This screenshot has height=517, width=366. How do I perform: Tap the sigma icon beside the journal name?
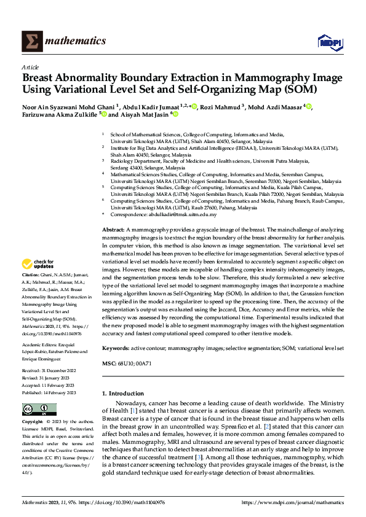31,41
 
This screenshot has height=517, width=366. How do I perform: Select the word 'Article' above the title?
30,67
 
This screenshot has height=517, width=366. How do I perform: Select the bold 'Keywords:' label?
116,348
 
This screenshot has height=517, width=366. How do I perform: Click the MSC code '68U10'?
125,364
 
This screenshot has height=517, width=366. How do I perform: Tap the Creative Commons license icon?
35,410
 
